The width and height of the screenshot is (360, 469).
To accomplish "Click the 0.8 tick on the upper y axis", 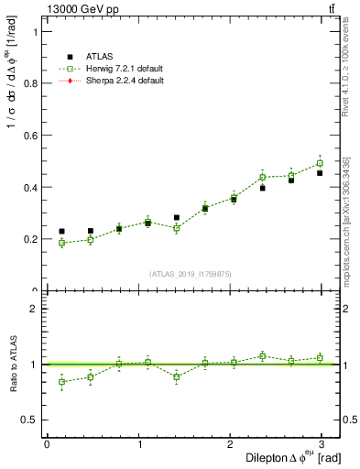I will [x=29, y=82].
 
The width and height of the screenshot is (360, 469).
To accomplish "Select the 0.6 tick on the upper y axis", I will [x=29, y=135].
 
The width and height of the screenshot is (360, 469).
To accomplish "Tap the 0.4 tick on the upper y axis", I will [x=29, y=187].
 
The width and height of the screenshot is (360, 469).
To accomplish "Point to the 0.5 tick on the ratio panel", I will [x=29, y=420].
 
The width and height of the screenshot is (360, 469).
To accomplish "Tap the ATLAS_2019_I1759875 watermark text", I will [x=190, y=274].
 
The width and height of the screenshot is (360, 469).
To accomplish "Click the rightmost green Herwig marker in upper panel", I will [x=320, y=164].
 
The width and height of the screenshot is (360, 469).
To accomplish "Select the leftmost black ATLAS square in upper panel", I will [x=61, y=232].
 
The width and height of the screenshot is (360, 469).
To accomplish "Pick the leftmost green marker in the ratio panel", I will [x=61, y=382].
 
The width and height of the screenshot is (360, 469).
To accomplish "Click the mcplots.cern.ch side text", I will [x=347, y=220].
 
